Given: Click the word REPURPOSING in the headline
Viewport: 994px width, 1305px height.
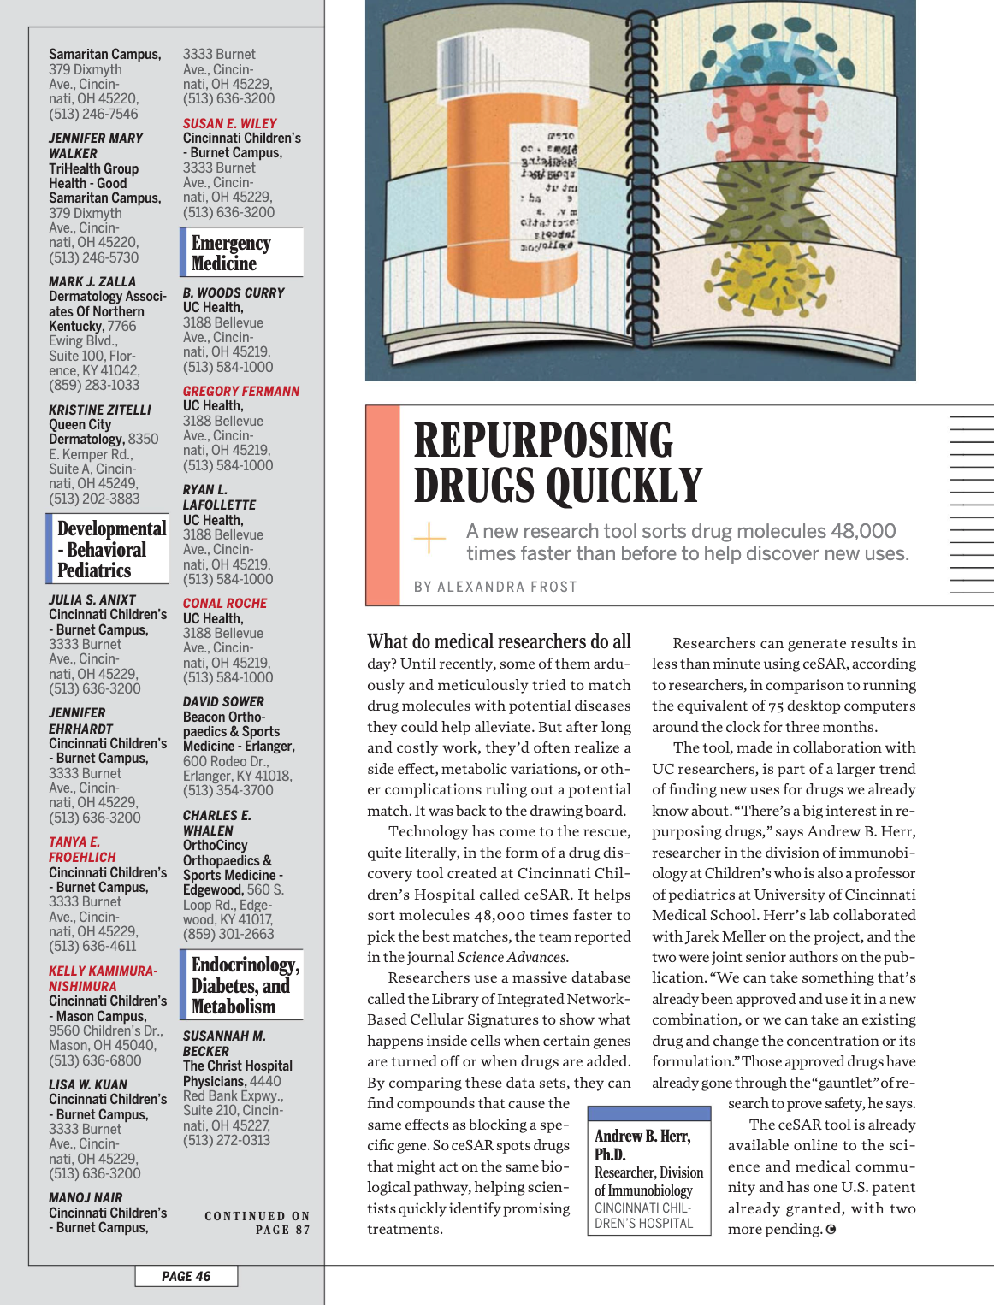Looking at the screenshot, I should pyautogui.click(x=543, y=440).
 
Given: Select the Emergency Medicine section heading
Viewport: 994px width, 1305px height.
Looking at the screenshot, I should pyautogui.click(x=231, y=253).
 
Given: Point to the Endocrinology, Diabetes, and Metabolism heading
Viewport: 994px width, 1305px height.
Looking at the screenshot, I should pyautogui.click(x=245, y=986).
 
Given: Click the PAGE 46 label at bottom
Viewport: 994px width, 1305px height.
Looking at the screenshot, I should pyautogui.click(x=186, y=1276).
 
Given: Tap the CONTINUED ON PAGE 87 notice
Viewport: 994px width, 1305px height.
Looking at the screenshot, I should pyautogui.click(x=257, y=1223).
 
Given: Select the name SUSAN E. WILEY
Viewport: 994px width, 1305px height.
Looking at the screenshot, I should pyautogui.click(x=229, y=123).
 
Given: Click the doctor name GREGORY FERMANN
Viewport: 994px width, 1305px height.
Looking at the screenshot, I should pyautogui.click(x=240, y=391).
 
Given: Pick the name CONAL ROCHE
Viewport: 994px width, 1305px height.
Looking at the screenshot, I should pyautogui.click(x=225, y=603).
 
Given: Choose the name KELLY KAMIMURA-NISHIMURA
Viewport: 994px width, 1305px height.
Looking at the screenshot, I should pyautogui.click(x=103, y=978).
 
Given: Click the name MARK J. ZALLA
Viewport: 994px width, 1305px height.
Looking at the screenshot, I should pyautogui.click(x=92, y=281).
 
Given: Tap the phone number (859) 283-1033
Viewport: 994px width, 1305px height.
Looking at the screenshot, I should pyautogui.click(x=94, y=385).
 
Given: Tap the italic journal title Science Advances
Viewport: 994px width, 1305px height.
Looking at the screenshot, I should pyautogui.click(x=512, y=957).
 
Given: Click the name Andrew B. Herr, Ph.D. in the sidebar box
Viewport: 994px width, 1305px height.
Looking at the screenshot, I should pyautogui.click(x=642, y=1144).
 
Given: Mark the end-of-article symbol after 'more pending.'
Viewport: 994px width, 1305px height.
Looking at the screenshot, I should pyautogui.click(x=831, y=1230).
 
